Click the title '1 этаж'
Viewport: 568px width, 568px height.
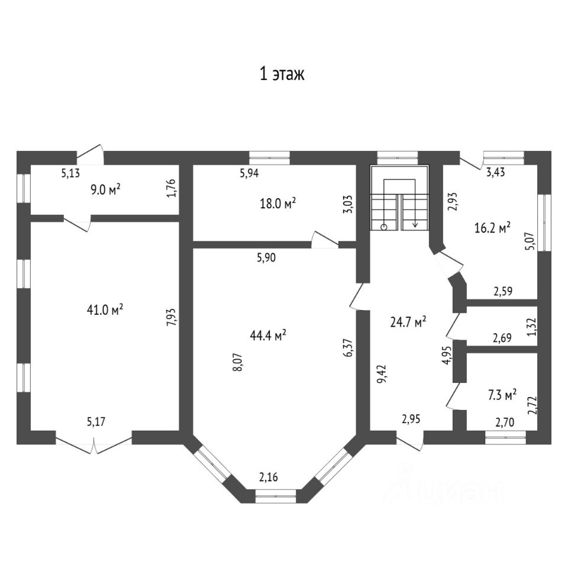click(x=282, y=75)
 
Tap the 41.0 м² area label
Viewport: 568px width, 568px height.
click(x=104, y=309)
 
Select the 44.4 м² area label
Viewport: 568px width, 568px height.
click(x=268, y=335)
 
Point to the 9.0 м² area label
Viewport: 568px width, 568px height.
click(x=105, y=189)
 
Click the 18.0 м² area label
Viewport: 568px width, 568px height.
click(x=277, y=204)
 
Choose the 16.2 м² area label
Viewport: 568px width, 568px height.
click(x=492, y=227)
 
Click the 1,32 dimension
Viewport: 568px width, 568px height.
click(x=531, y=327)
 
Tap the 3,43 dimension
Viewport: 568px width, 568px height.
click(x=496, y=173)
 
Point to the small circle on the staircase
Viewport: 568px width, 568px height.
click(x=384, y=226)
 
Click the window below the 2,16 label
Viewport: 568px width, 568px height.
click(x=275, y=496)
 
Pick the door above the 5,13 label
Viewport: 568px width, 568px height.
click(x=90, y=156)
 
